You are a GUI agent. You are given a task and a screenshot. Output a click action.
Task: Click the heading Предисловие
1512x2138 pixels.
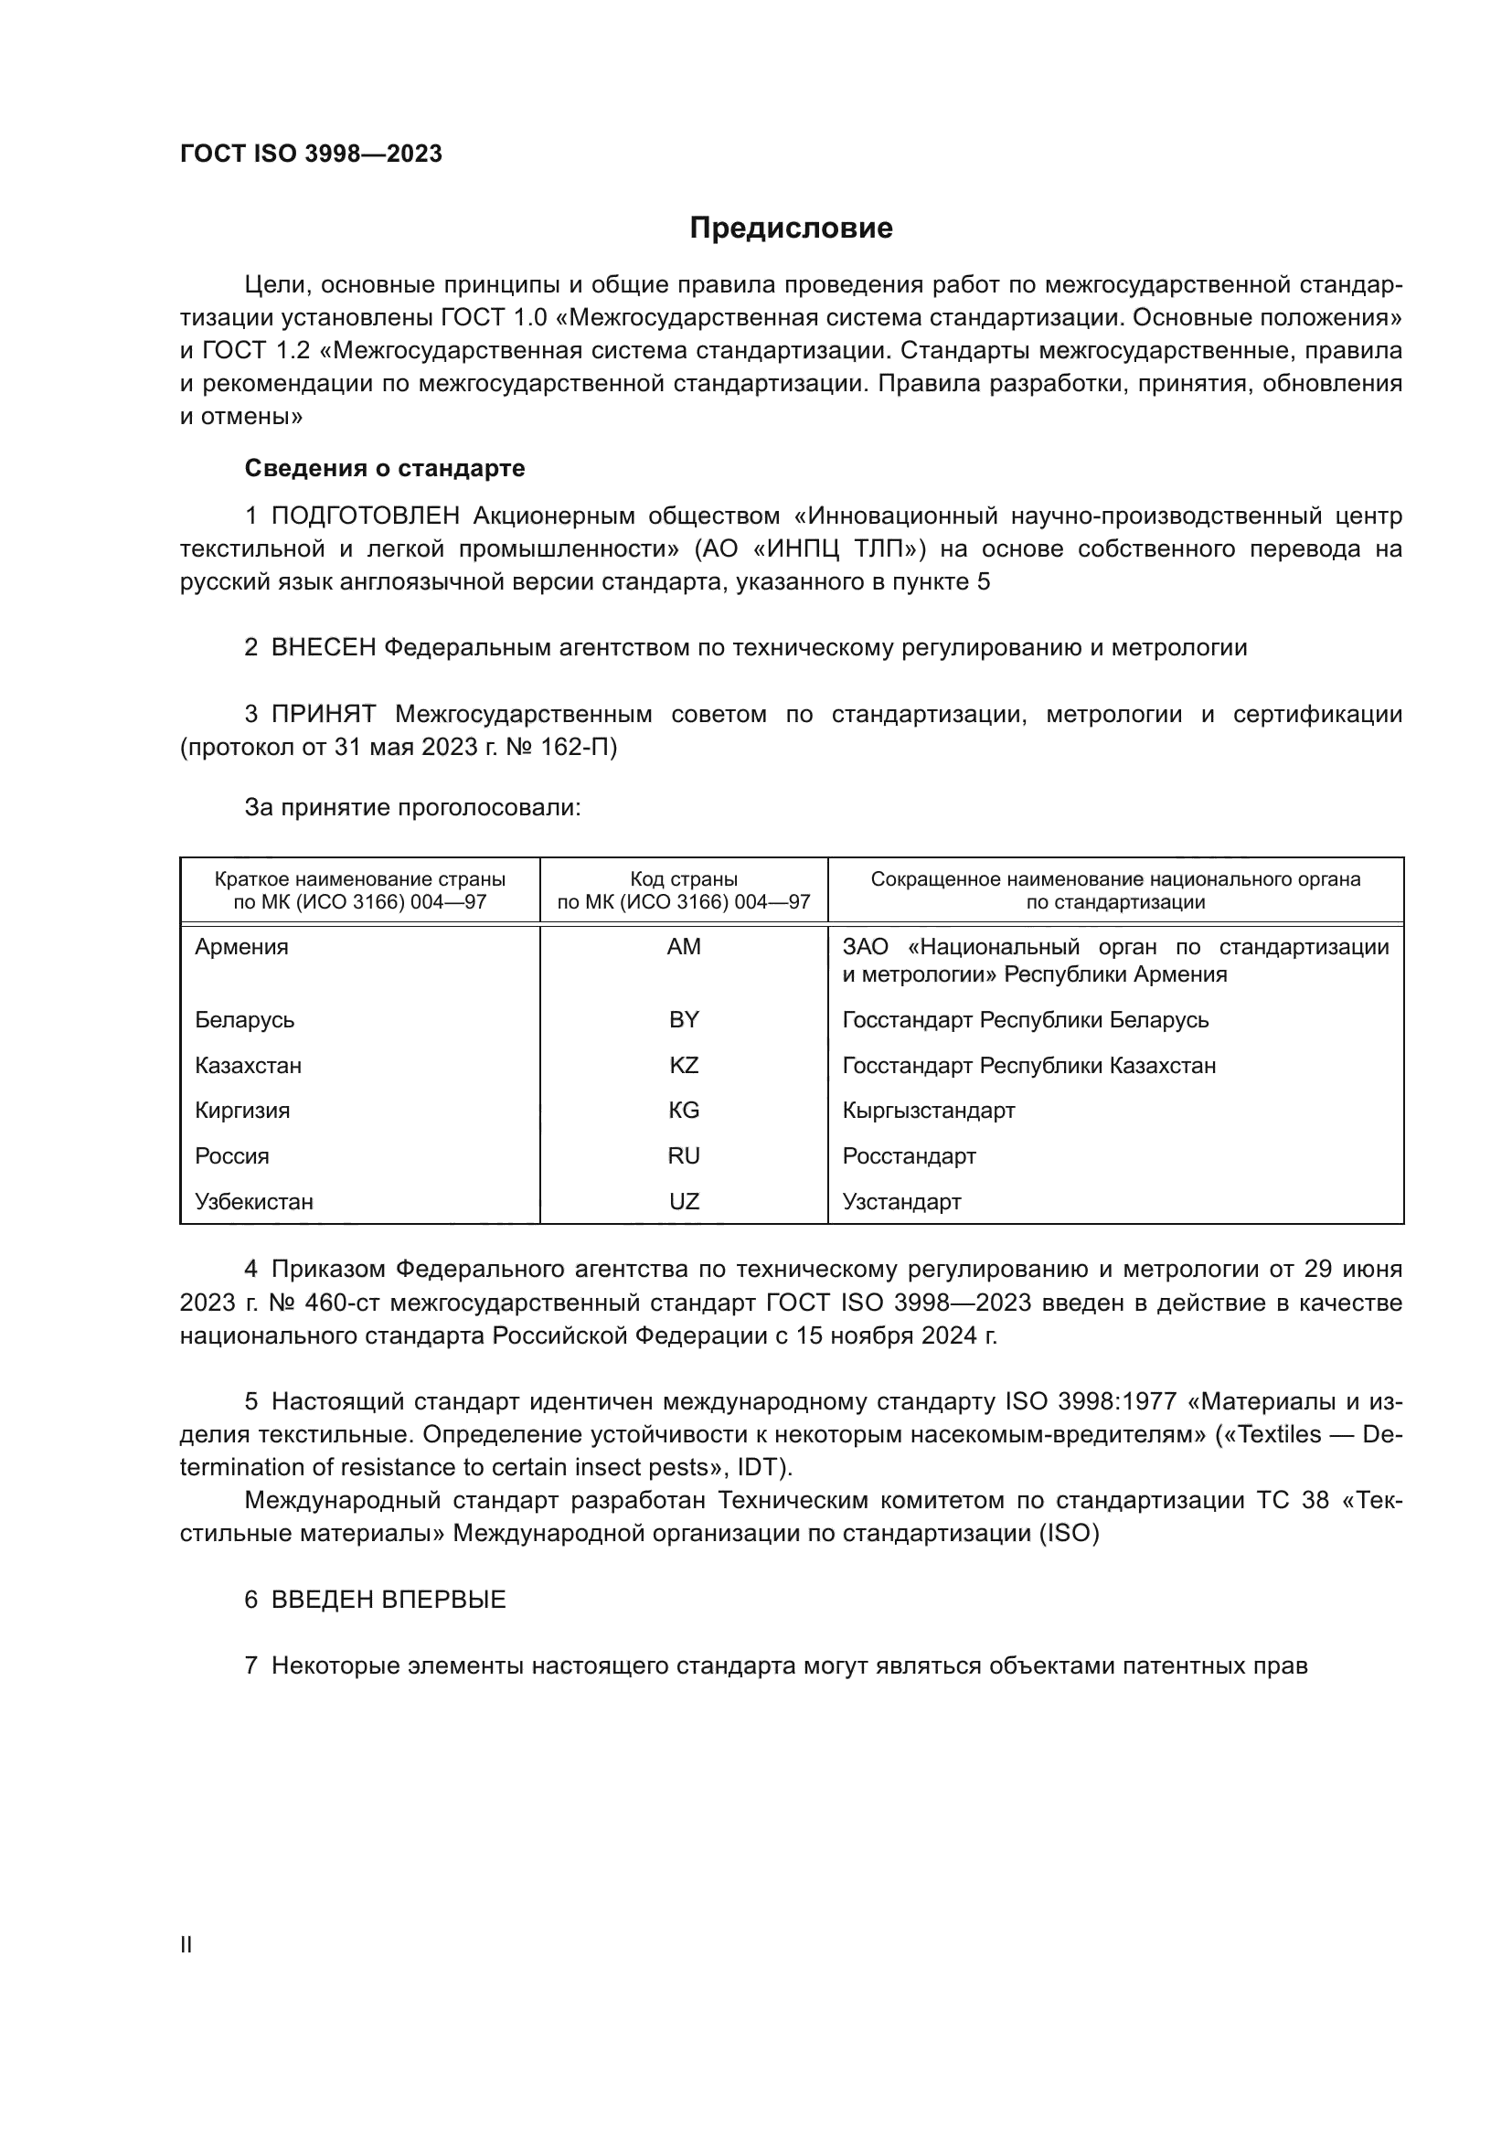[791, 229]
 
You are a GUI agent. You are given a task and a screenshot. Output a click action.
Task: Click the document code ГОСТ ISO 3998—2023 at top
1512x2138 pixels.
[311, 154]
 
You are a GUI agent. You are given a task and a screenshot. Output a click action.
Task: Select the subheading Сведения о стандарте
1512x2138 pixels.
[385, 468]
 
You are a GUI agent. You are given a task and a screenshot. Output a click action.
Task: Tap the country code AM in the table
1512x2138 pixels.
[684, 947]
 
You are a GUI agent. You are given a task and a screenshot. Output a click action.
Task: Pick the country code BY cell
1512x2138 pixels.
[684, 1020]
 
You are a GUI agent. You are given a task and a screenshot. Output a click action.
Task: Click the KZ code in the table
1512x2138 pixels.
[684, 1065]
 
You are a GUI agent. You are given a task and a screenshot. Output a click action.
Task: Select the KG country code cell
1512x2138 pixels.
[684, 1110]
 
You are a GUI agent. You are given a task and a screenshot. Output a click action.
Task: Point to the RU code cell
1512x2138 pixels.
[684, 1155]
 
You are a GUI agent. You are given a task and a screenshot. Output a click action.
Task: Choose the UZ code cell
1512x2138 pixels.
[684, 1201]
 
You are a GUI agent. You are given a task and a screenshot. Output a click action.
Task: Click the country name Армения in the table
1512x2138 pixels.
[242, 947]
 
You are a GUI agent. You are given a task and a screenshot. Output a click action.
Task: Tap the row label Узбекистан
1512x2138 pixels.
[254, 1201]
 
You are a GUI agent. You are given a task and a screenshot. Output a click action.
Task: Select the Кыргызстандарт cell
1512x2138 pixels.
[928, 1110]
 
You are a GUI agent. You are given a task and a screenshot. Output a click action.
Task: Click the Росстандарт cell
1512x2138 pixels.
[909, 1155]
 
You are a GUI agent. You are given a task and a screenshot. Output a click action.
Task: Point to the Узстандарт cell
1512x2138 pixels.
[901, 1201]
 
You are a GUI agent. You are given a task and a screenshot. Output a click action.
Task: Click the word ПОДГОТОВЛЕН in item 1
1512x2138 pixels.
[365, 516]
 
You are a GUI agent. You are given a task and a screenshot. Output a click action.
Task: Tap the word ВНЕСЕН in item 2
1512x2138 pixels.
[323, 647]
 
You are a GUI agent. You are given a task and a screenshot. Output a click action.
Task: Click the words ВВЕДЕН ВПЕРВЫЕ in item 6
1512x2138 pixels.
[389, 1600]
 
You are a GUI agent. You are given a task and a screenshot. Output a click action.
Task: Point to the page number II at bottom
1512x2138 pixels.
[186, 1944]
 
